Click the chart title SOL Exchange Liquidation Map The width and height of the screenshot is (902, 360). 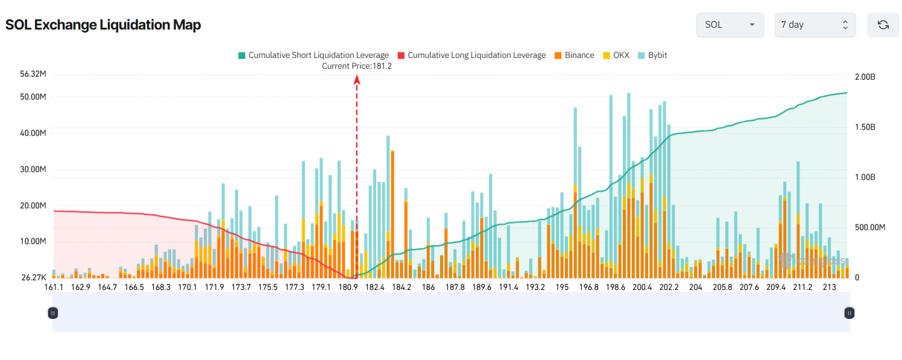103,25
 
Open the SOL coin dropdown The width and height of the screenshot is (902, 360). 730,25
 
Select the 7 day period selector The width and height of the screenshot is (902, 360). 815,25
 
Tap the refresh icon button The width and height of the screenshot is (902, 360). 883,25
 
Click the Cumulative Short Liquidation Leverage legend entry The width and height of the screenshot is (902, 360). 313,55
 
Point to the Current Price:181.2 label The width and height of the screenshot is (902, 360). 356,66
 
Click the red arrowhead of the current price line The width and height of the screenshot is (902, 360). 356,79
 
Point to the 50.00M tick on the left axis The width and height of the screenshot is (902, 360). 33,97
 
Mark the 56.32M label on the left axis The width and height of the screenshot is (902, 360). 33,74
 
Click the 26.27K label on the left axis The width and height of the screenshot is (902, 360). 33,277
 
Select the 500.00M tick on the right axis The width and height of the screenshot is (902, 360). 869,227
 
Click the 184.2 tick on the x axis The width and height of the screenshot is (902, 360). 401,288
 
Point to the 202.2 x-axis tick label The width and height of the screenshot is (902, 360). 669,288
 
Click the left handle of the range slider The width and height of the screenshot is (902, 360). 53,312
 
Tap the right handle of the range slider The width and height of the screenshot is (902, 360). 849,312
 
